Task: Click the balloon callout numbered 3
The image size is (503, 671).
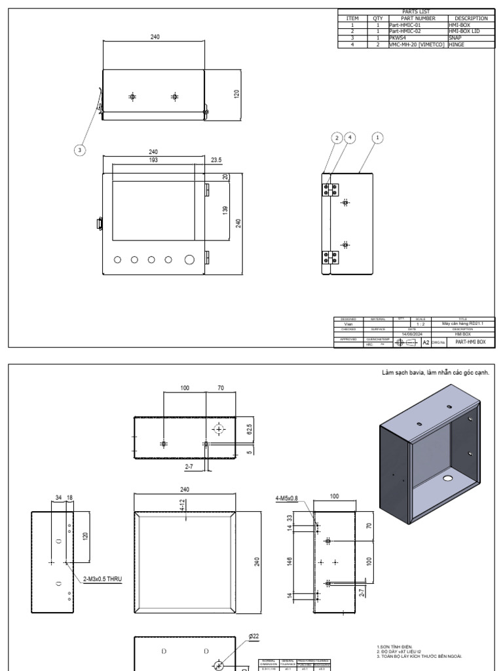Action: [x=80, y=150]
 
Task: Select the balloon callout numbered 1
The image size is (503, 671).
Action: [x=377, y=138]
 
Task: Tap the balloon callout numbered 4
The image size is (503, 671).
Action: [x=350, y=138]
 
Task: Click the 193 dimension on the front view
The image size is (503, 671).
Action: [x=155, y=160]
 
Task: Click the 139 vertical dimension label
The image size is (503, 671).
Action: [x=225, y=210]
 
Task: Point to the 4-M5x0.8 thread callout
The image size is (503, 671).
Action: [x=286, y=499]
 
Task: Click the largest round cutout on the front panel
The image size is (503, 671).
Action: [x=191, y=259]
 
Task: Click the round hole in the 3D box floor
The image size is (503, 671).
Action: [x=448, y=479]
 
